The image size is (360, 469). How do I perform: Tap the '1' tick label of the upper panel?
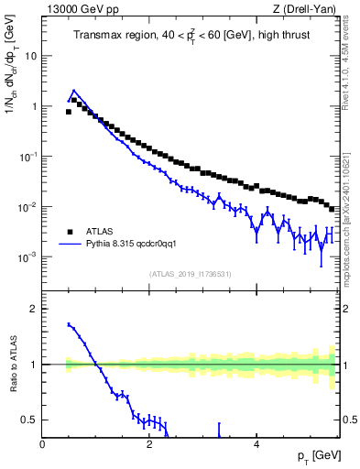(34, 106)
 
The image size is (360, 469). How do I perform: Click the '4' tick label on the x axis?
(256, 443)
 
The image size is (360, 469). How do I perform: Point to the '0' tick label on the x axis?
(42, 443)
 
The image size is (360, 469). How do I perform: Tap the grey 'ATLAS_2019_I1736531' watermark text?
(191, 274)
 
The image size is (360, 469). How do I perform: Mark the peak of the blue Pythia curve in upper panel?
(73, 91)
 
